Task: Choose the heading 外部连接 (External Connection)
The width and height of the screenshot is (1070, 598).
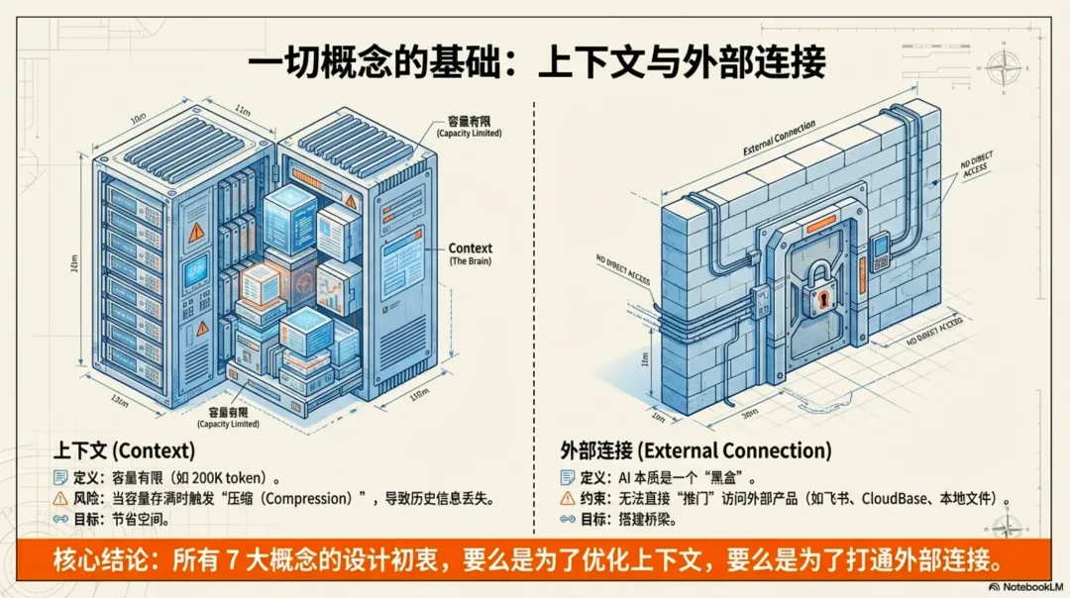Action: click(695, 450)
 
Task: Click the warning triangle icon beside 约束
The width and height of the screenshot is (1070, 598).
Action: click(568, 497)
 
